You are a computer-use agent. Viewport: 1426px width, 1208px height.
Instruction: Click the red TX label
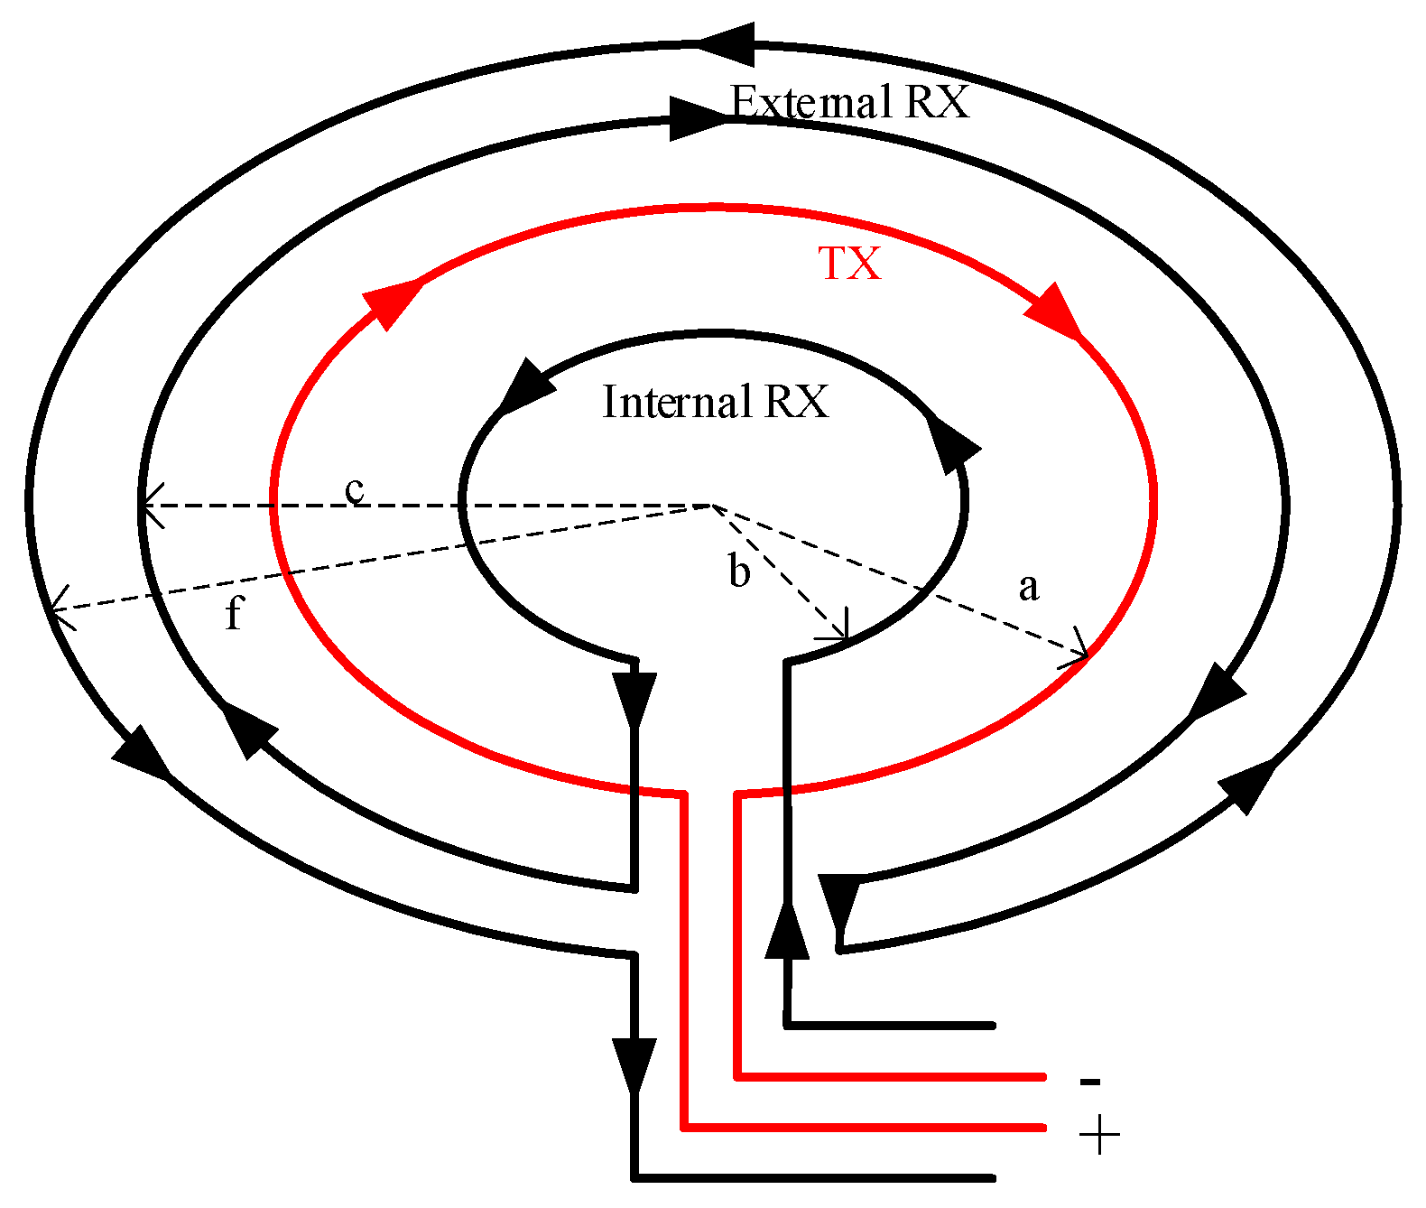coord(849,264)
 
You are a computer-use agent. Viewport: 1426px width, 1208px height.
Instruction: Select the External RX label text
coord(849,102)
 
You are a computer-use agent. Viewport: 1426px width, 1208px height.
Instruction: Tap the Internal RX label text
coord(715,402)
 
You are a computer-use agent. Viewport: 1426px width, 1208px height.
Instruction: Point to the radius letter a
coord(1028,587)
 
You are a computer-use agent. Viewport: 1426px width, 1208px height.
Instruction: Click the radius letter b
coord(739,572)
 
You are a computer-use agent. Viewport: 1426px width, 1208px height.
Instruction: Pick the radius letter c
coord(356,489)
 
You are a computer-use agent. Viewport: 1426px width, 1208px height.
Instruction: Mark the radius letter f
coord(234,613)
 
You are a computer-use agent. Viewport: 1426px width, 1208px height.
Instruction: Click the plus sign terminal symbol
coord(1098,1134)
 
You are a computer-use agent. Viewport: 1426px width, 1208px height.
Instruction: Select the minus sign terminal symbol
coord(1089,1081)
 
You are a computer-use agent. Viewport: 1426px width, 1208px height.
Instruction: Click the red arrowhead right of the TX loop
coord(1055,312)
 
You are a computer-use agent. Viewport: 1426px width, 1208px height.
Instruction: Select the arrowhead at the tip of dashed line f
coord(60,609)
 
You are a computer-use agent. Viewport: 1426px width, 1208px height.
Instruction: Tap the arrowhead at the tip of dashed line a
coord(1079,654)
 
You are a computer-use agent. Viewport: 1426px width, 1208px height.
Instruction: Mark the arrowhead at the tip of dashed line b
coord(839,632)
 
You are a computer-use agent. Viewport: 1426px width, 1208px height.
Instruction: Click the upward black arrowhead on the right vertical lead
coord(788,930)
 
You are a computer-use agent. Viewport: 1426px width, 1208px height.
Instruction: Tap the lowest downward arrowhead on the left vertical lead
coord(634,1064)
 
